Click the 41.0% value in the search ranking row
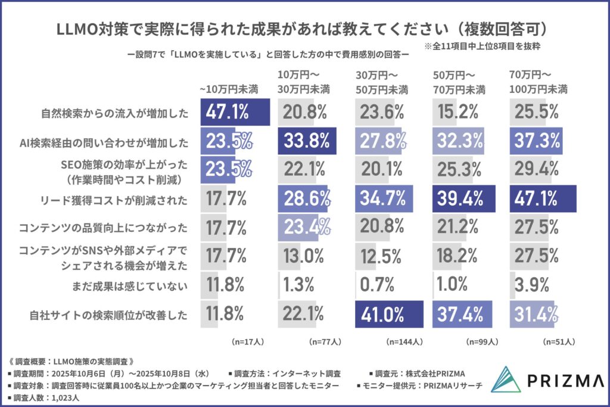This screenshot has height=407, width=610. coord(388,312)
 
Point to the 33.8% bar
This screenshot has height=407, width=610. coord(307,141)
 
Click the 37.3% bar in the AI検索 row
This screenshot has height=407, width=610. coord(537,141)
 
